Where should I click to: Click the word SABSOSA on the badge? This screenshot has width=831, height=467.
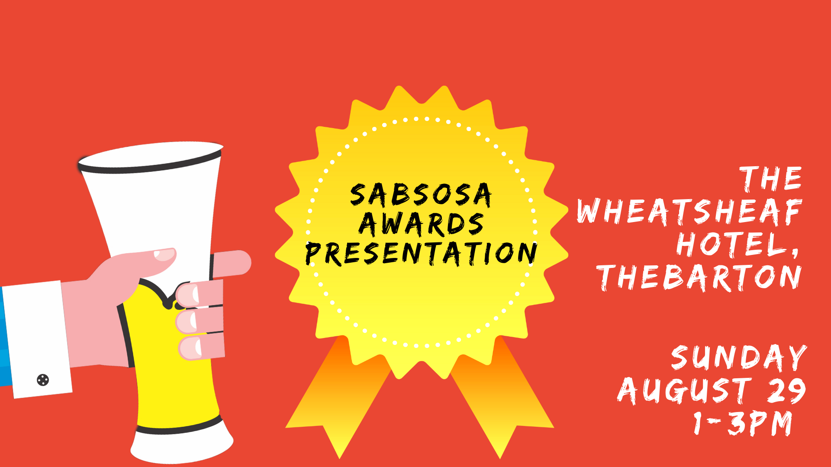coord(421,194)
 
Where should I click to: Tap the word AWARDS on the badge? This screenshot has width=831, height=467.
coord(421,224)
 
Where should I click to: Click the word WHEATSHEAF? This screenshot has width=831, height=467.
coord(689,212)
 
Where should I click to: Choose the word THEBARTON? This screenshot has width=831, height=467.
coord(699,277)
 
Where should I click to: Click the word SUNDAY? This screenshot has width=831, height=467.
coord(739,357)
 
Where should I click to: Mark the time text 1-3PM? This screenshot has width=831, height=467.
coord(743,423)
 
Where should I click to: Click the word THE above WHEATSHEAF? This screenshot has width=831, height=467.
coord(771,178)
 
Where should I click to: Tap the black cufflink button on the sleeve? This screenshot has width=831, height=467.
coord(43,380)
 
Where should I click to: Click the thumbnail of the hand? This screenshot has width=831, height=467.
coord(164,254)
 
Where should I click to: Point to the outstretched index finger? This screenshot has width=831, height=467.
coord(232,264)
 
